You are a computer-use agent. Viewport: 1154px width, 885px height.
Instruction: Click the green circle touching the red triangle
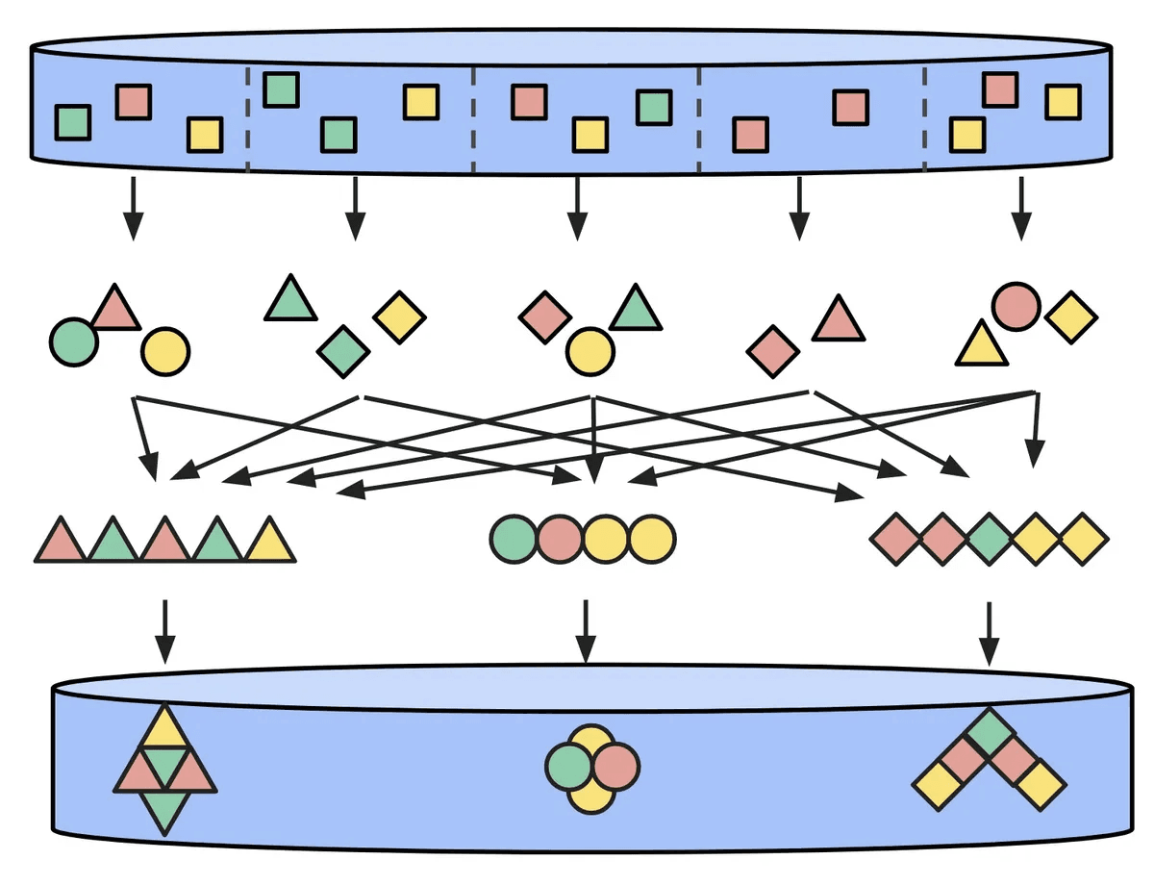tap(73, 341)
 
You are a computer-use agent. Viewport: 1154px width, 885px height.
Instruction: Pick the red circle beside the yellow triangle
tap(1016, 307)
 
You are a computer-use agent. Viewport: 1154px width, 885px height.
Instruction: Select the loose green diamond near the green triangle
tap(343, 351)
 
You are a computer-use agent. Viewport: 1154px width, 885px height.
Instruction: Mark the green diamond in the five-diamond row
tap(989, 538)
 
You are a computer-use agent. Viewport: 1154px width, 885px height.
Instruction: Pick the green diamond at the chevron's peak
tap(989, 733)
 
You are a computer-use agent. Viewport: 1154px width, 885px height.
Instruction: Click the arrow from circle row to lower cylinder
tap(584, 631)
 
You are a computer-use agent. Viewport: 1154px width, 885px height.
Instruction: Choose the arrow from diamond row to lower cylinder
tap(989, 631)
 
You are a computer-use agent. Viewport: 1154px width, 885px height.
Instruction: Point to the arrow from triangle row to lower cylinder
tap(165, 631)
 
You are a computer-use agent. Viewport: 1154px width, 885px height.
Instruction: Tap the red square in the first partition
tap(134, 102)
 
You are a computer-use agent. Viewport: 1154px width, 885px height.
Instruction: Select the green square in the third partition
tap(654, 107)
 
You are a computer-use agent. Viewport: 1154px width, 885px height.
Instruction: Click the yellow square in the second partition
tap(421, 102)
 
